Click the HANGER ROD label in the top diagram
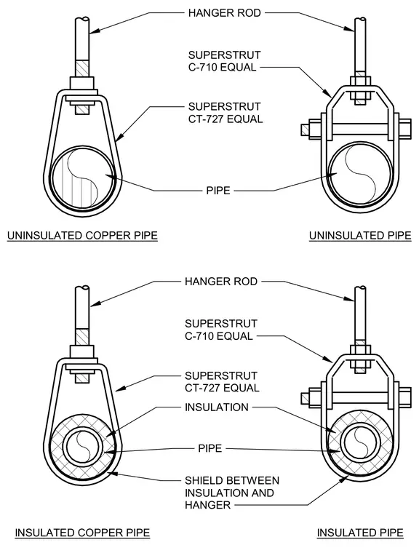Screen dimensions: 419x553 [x=224, y=13]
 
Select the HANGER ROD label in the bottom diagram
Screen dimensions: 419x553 [x=221, y=282]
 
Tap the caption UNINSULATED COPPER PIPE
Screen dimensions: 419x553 [x=82, y=236]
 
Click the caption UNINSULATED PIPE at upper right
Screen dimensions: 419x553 [x=360, y=236]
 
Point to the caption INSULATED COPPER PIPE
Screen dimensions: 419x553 [x=82, y=533]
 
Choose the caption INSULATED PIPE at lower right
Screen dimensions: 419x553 [x=360, y=533]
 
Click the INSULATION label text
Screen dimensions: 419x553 [x=217, y=407]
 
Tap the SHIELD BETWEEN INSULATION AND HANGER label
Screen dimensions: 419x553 [x=232, y=493]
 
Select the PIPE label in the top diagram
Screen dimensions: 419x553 [x=218, y=191]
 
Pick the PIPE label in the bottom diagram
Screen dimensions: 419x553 [x=209, y=448]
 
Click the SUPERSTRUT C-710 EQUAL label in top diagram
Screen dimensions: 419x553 [x=224, y=61]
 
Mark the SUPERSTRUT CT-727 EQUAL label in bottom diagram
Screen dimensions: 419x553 [x=222, y=381]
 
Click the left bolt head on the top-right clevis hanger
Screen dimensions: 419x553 [x=306, y=130]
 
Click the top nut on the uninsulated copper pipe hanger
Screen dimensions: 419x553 [x=82, y=83]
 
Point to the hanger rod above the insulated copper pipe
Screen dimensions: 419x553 [x=82, y=317]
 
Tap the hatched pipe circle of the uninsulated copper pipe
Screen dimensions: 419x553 [x=83, y=178]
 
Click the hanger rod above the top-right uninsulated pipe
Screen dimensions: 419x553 [x=360, y=47]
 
